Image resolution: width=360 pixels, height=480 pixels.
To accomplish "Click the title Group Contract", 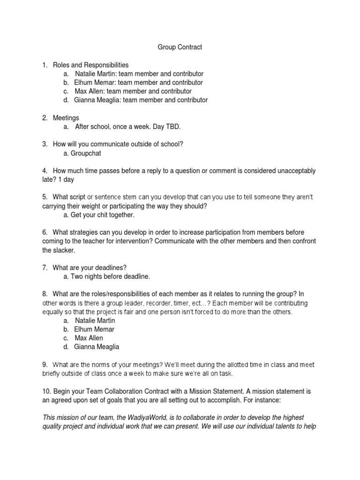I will click(x=180, y=47).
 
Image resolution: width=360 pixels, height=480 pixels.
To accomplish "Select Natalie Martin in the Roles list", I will click(x=95, y=74).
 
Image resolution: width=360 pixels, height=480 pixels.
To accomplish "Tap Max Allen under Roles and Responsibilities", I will click(x=89, y=91).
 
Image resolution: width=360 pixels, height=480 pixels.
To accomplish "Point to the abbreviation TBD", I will click(x=172, y=127).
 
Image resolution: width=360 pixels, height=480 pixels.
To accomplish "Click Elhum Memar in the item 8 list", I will click(x=94, y=329).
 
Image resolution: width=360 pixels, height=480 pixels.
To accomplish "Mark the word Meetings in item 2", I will click(x=66, y=118).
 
